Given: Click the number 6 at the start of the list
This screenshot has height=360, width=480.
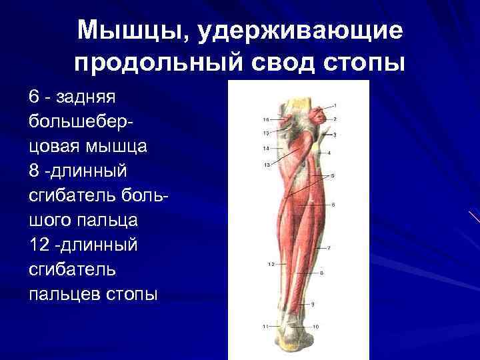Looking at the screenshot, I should (33, 97).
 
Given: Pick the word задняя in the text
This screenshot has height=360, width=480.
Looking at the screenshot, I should (86, 97).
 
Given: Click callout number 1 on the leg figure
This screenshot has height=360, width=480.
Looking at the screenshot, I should (335, 105).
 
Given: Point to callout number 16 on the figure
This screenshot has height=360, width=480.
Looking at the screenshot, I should (266, 119).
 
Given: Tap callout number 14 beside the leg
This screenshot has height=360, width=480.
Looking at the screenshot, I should (266, 148).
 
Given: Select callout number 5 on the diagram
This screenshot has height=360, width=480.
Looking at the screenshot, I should (333, 175).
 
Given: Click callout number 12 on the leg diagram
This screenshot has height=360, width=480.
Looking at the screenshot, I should (271, 264).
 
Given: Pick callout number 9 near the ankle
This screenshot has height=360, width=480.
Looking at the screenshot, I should (312, 304).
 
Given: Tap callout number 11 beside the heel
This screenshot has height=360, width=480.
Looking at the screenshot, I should (265, 326).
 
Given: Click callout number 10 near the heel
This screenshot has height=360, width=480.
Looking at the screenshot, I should (315, 326).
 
